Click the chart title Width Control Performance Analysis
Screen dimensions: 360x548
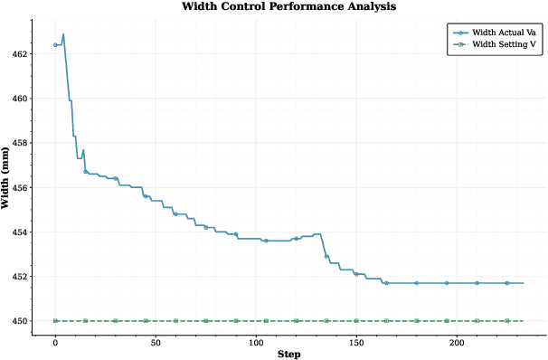pos(288,6)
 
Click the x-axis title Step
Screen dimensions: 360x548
pos(289,354)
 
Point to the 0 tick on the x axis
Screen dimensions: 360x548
pos(55,343)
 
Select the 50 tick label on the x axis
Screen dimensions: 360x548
pos(156,343)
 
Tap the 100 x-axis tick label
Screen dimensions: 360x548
pos(256,343)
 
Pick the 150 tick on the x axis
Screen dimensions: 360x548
pos(356,343)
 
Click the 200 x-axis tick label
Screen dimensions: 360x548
pos(457,343)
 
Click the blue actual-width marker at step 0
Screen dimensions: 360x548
pos(55,44)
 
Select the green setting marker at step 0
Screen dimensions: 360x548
pos(55,320)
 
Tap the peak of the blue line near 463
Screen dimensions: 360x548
pos(63,34)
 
